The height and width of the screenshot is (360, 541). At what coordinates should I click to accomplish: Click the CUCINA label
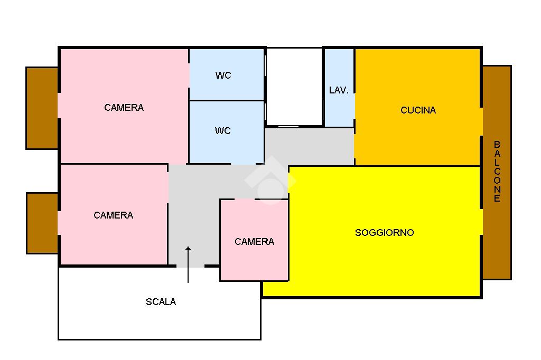pos(418,110)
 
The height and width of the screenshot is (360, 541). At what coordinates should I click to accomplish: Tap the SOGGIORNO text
pos(384,233)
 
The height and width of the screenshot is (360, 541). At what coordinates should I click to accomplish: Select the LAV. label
pos(339,90)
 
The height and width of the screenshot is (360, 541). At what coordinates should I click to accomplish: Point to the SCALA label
pos(161,302)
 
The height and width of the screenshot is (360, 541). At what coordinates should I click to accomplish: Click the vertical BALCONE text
pos(497,172)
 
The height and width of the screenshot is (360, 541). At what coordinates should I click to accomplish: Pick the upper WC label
pos(223,75)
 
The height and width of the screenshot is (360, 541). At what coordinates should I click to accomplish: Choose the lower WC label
pos(223,131)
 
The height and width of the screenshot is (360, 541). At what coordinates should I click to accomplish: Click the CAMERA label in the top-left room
pos(124,108)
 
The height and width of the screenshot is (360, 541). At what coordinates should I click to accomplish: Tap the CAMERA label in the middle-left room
pos(113,215)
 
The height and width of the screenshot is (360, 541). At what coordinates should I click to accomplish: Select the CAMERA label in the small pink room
pos(254,242)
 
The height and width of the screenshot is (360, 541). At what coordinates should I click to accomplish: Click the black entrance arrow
pos(188,264)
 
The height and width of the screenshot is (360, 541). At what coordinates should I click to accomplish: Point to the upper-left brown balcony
pos(42,108)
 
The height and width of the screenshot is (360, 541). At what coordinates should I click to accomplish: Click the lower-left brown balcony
pos(42,223)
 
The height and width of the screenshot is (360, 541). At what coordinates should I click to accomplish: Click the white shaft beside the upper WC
pos(294,87)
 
